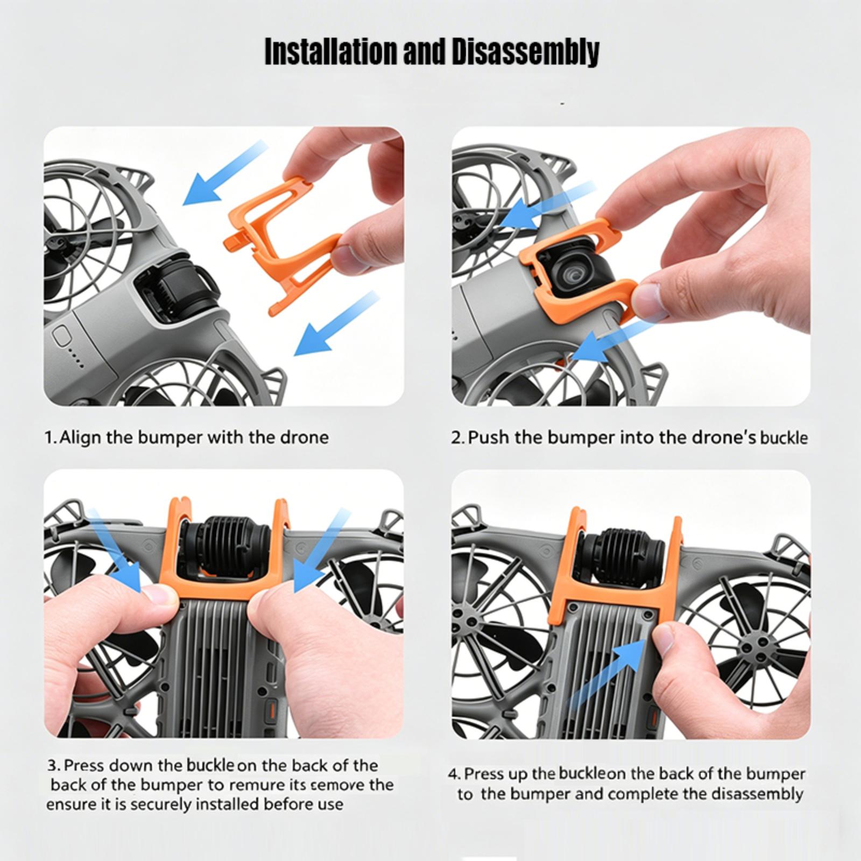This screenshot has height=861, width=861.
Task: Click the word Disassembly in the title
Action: (525, 52)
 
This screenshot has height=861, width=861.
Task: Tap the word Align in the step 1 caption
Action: (80, 437)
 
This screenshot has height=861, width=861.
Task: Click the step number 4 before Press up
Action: (454, 774)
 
